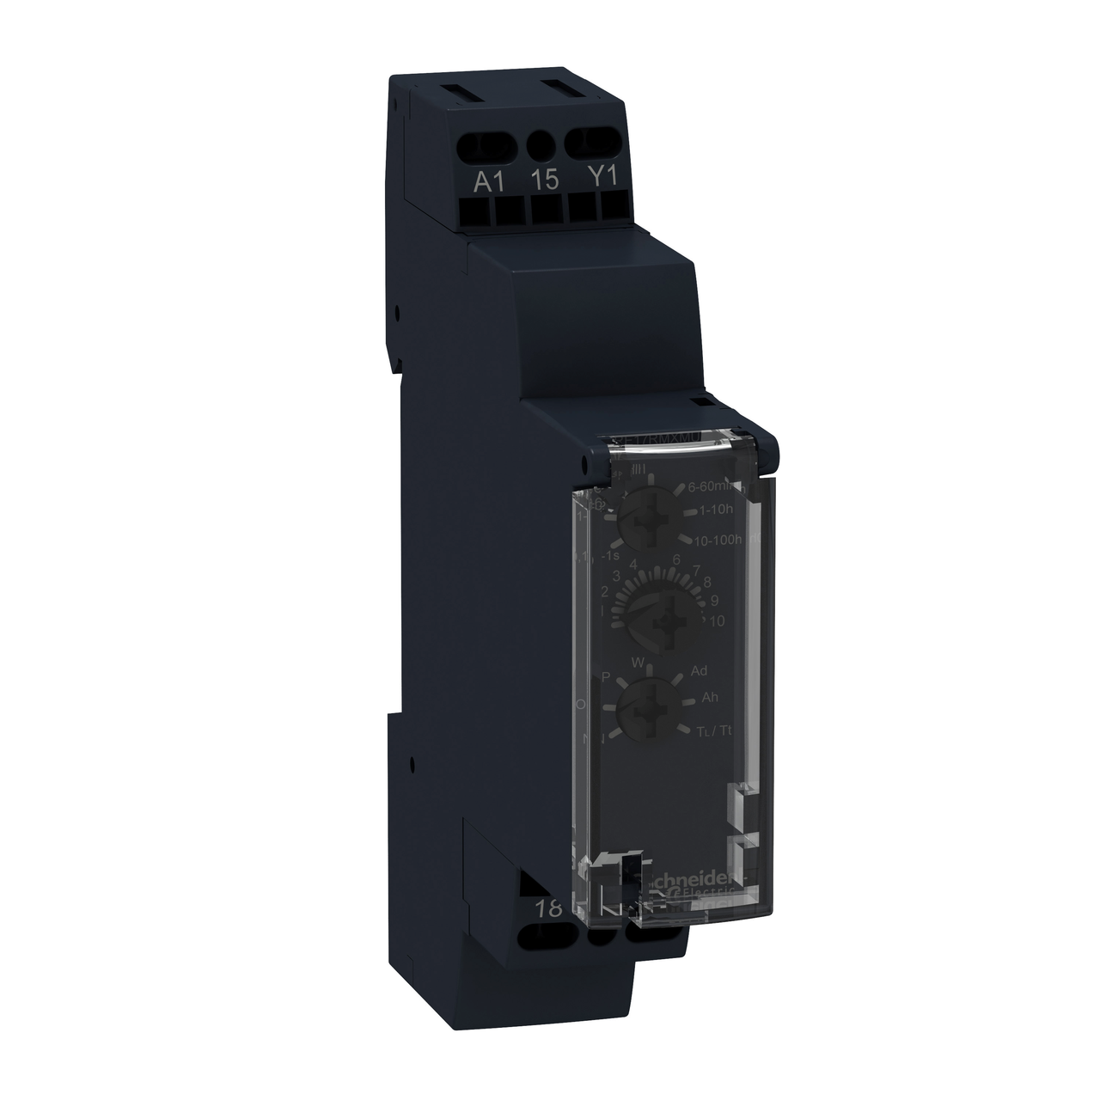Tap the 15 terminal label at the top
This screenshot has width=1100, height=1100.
(x=545, y=180)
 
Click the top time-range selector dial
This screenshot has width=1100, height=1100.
(x=645, y=523)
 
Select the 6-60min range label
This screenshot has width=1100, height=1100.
(x=714, y=487)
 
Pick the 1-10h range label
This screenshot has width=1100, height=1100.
(x=716, y=510)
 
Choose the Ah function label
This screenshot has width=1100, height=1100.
(x=709, y=697)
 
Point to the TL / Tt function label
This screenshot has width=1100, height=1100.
(x=714, y=730)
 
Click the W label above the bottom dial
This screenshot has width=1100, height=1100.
(x=637, y=662)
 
